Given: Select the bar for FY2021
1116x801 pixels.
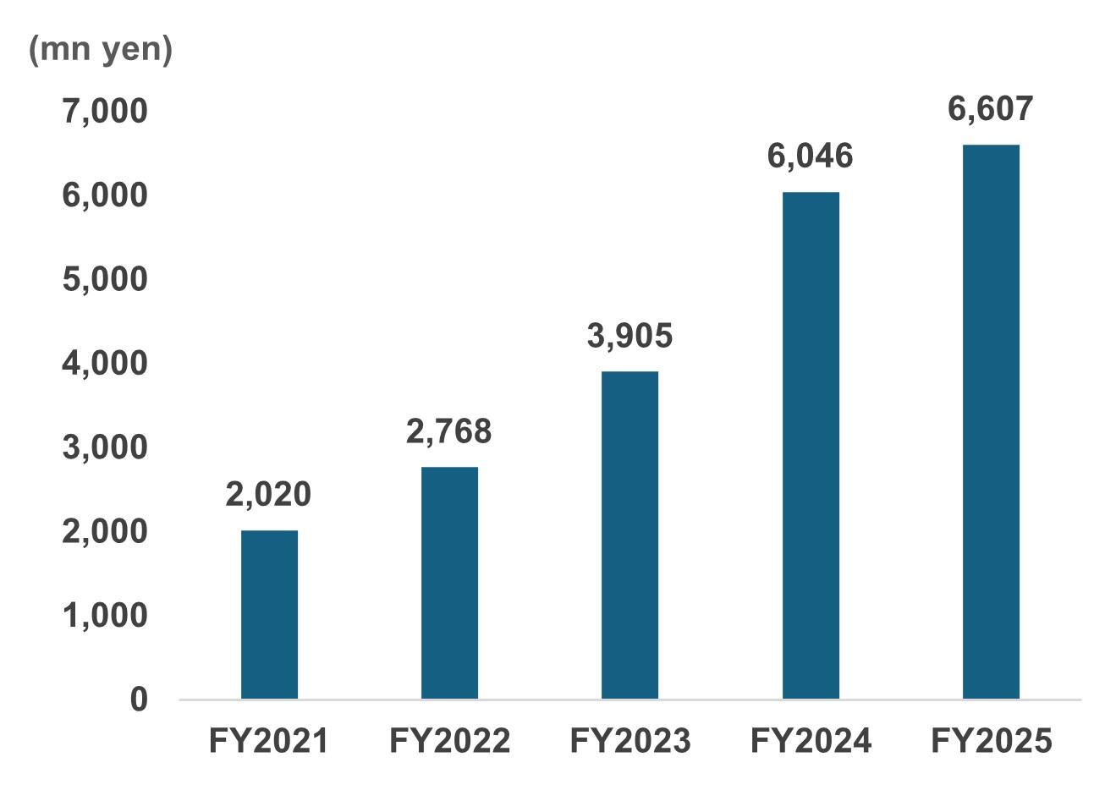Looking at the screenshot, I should (x=269, y=614).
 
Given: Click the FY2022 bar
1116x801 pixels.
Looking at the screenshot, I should (x=449, y=583).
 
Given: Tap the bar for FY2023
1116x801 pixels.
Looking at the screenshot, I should (x=629, y=535).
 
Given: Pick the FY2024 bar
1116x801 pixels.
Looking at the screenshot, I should (x=811, y=445).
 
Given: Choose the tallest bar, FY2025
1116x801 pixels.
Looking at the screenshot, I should (x=991, y=421).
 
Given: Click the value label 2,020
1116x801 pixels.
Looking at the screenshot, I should (x=268, y=495).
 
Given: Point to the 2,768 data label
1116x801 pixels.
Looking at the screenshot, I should (x=448, y=431).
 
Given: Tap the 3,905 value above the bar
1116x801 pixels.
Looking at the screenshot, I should (x=629, y=336).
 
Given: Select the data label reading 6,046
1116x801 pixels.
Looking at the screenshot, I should (x=810, y=156).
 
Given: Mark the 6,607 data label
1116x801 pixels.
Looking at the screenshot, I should (x=991, y=109).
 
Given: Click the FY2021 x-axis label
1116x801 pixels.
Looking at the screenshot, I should (x=268, y=742).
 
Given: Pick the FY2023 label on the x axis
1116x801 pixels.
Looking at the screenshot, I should (x=629, y=742).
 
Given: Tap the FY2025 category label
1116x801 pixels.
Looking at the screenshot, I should (x=991, y=742).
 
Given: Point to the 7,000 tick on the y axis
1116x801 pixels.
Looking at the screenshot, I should (x=105, y=111).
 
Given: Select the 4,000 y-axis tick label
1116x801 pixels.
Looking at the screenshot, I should (x=105, y=363).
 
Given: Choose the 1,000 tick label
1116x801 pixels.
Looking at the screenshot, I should (x=105, y=615).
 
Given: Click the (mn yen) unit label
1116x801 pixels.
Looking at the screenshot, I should (x=101, y=50).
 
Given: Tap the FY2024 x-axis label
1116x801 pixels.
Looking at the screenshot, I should (x=811, y=742).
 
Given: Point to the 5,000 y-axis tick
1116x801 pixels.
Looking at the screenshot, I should (x=105, y=279).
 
